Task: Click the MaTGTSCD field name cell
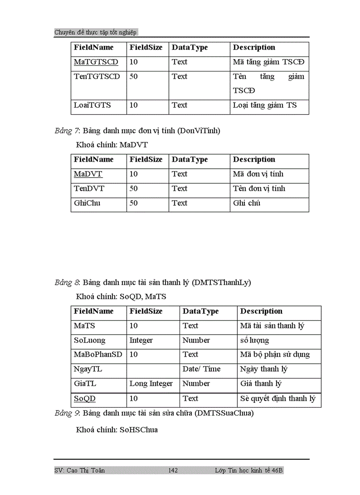tap(96, 62)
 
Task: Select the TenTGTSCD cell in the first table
tap(97, 77)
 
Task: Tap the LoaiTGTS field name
tap(92, 105)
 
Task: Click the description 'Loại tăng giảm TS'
tap(265, 105)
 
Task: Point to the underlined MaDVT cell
tap(88, 174)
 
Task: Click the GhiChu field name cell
tap(87, 203)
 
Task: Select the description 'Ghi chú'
tap(247, 203)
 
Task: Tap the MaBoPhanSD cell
tap(98, 354)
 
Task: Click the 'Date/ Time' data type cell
tap(201, 369)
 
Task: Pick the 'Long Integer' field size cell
tap(151, 384)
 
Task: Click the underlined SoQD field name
tap(84, 398)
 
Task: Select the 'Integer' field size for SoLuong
tap(141, 340)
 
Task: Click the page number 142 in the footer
tap(173, 471)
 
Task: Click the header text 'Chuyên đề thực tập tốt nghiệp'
tap(95, 32)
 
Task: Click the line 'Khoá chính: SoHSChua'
tap(117, 429)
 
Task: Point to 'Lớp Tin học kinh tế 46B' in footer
tap(249, 471)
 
